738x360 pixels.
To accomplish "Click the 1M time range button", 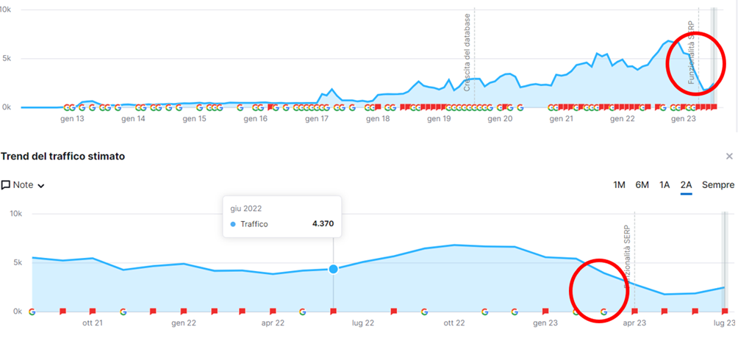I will tap(620, 185).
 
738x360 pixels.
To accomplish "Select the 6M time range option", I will tap(642, 185).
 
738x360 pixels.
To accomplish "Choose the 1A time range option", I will tap(664, 185).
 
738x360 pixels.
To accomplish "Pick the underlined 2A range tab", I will tap(686, 185).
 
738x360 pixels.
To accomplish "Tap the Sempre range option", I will tap(718, 185).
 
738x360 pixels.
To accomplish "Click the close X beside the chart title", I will tap(729, 156).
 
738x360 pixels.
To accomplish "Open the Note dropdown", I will tap(23, 185).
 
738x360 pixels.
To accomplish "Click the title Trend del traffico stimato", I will tap(63, 156).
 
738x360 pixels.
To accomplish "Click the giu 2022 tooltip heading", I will tap(246, 209).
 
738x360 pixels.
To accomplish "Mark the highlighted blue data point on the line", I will tap(334, 269).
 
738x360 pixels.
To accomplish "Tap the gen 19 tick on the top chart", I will tap(439, 119).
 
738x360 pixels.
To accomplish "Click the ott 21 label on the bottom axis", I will tap(91, 323).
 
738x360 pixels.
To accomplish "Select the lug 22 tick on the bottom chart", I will tap(363, 323).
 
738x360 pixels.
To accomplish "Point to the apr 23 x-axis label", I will tap(634, 323).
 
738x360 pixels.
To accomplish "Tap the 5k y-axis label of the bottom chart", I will tap(15, 262).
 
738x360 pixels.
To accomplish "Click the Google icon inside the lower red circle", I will tap(604, 312).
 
